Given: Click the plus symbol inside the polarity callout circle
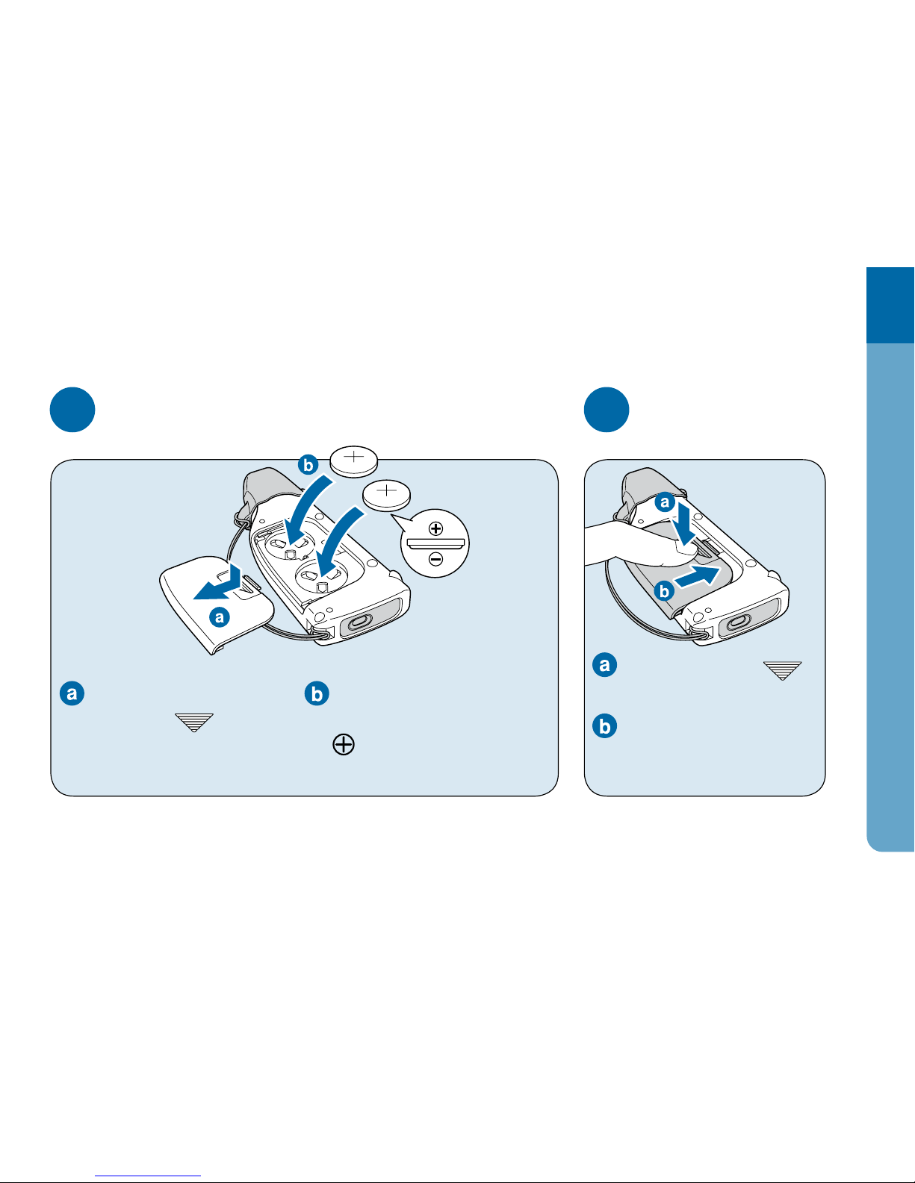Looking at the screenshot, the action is pyautogui.click(x=435, y=528).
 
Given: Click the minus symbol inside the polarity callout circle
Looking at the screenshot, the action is pyautogui.click(x=435, y=558).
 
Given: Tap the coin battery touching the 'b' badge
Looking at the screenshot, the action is pyautogui.click(x=354, y=461).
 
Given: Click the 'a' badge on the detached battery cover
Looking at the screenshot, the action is pyautogui.click(x=220, y=617).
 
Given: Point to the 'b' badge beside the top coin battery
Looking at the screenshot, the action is pyautogui.click(x=308, y=465).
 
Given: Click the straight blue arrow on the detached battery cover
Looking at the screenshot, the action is pyautogui.click(x=219, y=582).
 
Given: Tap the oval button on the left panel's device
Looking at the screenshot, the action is pyautogui.click(x=359, y=622).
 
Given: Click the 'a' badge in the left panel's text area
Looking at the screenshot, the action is pyautogui.click(x=72, y=693).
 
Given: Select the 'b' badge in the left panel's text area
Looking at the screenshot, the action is pyautogui.click(x=317, y=693).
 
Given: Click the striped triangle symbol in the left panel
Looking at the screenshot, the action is pyautogui.click(x=194, y=722).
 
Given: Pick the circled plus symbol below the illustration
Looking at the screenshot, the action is pyautogui.click(x=344, y=744).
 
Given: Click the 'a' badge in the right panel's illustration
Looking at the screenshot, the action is pyautogui.click(x=665, y=502).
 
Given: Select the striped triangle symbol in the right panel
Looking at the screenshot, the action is pyautogui.click(x=783, y=671).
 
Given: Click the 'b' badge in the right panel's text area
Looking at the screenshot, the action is pyautogui.click(x=604, y=725).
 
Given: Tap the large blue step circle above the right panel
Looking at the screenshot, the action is pyautogui.click(x=607, y=410).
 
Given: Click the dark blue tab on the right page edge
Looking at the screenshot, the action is pyautogui.click(x=890, y=305).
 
